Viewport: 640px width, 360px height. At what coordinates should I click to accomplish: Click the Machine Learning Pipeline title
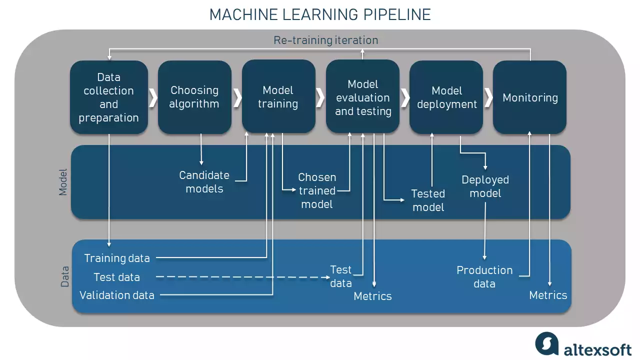(320, 14)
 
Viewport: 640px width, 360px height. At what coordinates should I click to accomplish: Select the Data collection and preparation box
(109, 97)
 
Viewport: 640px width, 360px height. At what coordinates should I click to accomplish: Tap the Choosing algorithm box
(194, 97)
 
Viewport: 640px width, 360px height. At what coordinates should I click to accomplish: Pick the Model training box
(278, 97)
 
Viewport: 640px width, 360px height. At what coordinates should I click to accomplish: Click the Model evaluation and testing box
(362, 97)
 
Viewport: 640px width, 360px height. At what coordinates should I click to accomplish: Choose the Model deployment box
(446, 97)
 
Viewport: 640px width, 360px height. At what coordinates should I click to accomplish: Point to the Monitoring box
(530, 97)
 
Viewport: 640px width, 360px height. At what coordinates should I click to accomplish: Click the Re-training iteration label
(325, 40)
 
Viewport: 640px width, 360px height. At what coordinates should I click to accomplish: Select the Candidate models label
(204, 182)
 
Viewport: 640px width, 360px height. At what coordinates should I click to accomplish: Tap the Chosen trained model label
(317, 190)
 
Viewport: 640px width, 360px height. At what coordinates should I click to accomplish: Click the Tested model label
(428, 200)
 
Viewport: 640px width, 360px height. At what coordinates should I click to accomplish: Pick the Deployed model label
(485, 186)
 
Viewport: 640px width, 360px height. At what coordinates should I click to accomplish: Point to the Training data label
(117, 258)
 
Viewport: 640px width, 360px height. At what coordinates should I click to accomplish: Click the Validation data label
(117, 295)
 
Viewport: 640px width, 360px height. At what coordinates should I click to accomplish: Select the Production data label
(484, 277)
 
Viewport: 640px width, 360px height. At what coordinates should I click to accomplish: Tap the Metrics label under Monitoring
(548, 295)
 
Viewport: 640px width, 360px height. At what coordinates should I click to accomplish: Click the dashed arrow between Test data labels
(240, 277)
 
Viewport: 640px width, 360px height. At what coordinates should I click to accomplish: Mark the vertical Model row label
(63, 182)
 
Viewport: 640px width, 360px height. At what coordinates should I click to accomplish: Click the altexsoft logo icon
(546, 343)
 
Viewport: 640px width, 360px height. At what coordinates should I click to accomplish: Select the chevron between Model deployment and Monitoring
(488, 97)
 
